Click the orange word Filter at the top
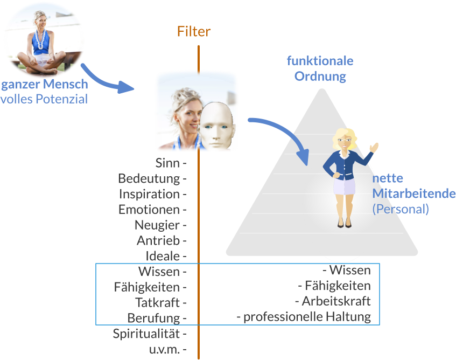(x=194, y=32)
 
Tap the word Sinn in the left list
(x=167, y=163)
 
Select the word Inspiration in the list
(x=150, y=194)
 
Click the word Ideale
(x=163, y=255)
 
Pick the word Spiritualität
(x=146, y=334)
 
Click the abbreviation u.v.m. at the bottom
(x=164, y=349)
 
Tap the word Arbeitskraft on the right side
(x=336, y=301)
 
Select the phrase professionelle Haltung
(x=307, y=317)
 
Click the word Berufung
(x=153, y=317)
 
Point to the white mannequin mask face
(x=219, y=127)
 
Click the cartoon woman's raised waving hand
(x=374, y=147)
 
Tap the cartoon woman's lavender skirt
(x=344, y=186)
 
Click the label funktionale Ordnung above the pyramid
(x=320, y=68)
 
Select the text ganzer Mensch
(x=44, y=85)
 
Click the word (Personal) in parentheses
(x=401, y=209)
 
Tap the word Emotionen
(x=149, y=209)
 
